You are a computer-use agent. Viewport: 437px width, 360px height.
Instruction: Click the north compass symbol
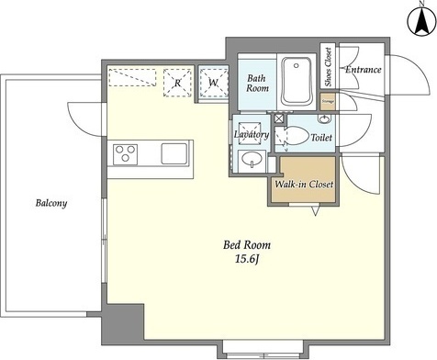[421, 20]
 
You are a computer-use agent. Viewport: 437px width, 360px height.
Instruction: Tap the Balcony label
[51, 203]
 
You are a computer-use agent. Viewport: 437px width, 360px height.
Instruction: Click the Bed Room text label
[247, 245]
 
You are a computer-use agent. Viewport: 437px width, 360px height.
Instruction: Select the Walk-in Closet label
[304, 185]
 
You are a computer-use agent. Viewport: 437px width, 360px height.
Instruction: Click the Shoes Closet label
[328, 67]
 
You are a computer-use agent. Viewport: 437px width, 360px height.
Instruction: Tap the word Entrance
[364, 70]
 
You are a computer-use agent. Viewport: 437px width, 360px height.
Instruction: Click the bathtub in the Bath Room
[297, 81]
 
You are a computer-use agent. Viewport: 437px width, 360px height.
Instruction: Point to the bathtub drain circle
[296, 65]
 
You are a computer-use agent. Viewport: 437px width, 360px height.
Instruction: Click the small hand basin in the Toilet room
[324, 119]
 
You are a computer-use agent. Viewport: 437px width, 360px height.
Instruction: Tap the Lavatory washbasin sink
[252, 159]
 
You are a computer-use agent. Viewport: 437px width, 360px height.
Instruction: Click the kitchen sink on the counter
[174, 153]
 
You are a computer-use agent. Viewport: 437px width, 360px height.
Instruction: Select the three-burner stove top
[125, 154]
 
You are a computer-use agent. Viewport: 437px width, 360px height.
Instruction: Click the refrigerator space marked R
[177, 83]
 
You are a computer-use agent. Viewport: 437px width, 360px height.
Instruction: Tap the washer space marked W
[213, 82]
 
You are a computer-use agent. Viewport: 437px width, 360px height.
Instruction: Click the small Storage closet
[328, 102]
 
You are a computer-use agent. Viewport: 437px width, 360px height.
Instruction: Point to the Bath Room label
[257, 84]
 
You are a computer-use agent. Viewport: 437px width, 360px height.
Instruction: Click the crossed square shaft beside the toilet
[279, 118]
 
